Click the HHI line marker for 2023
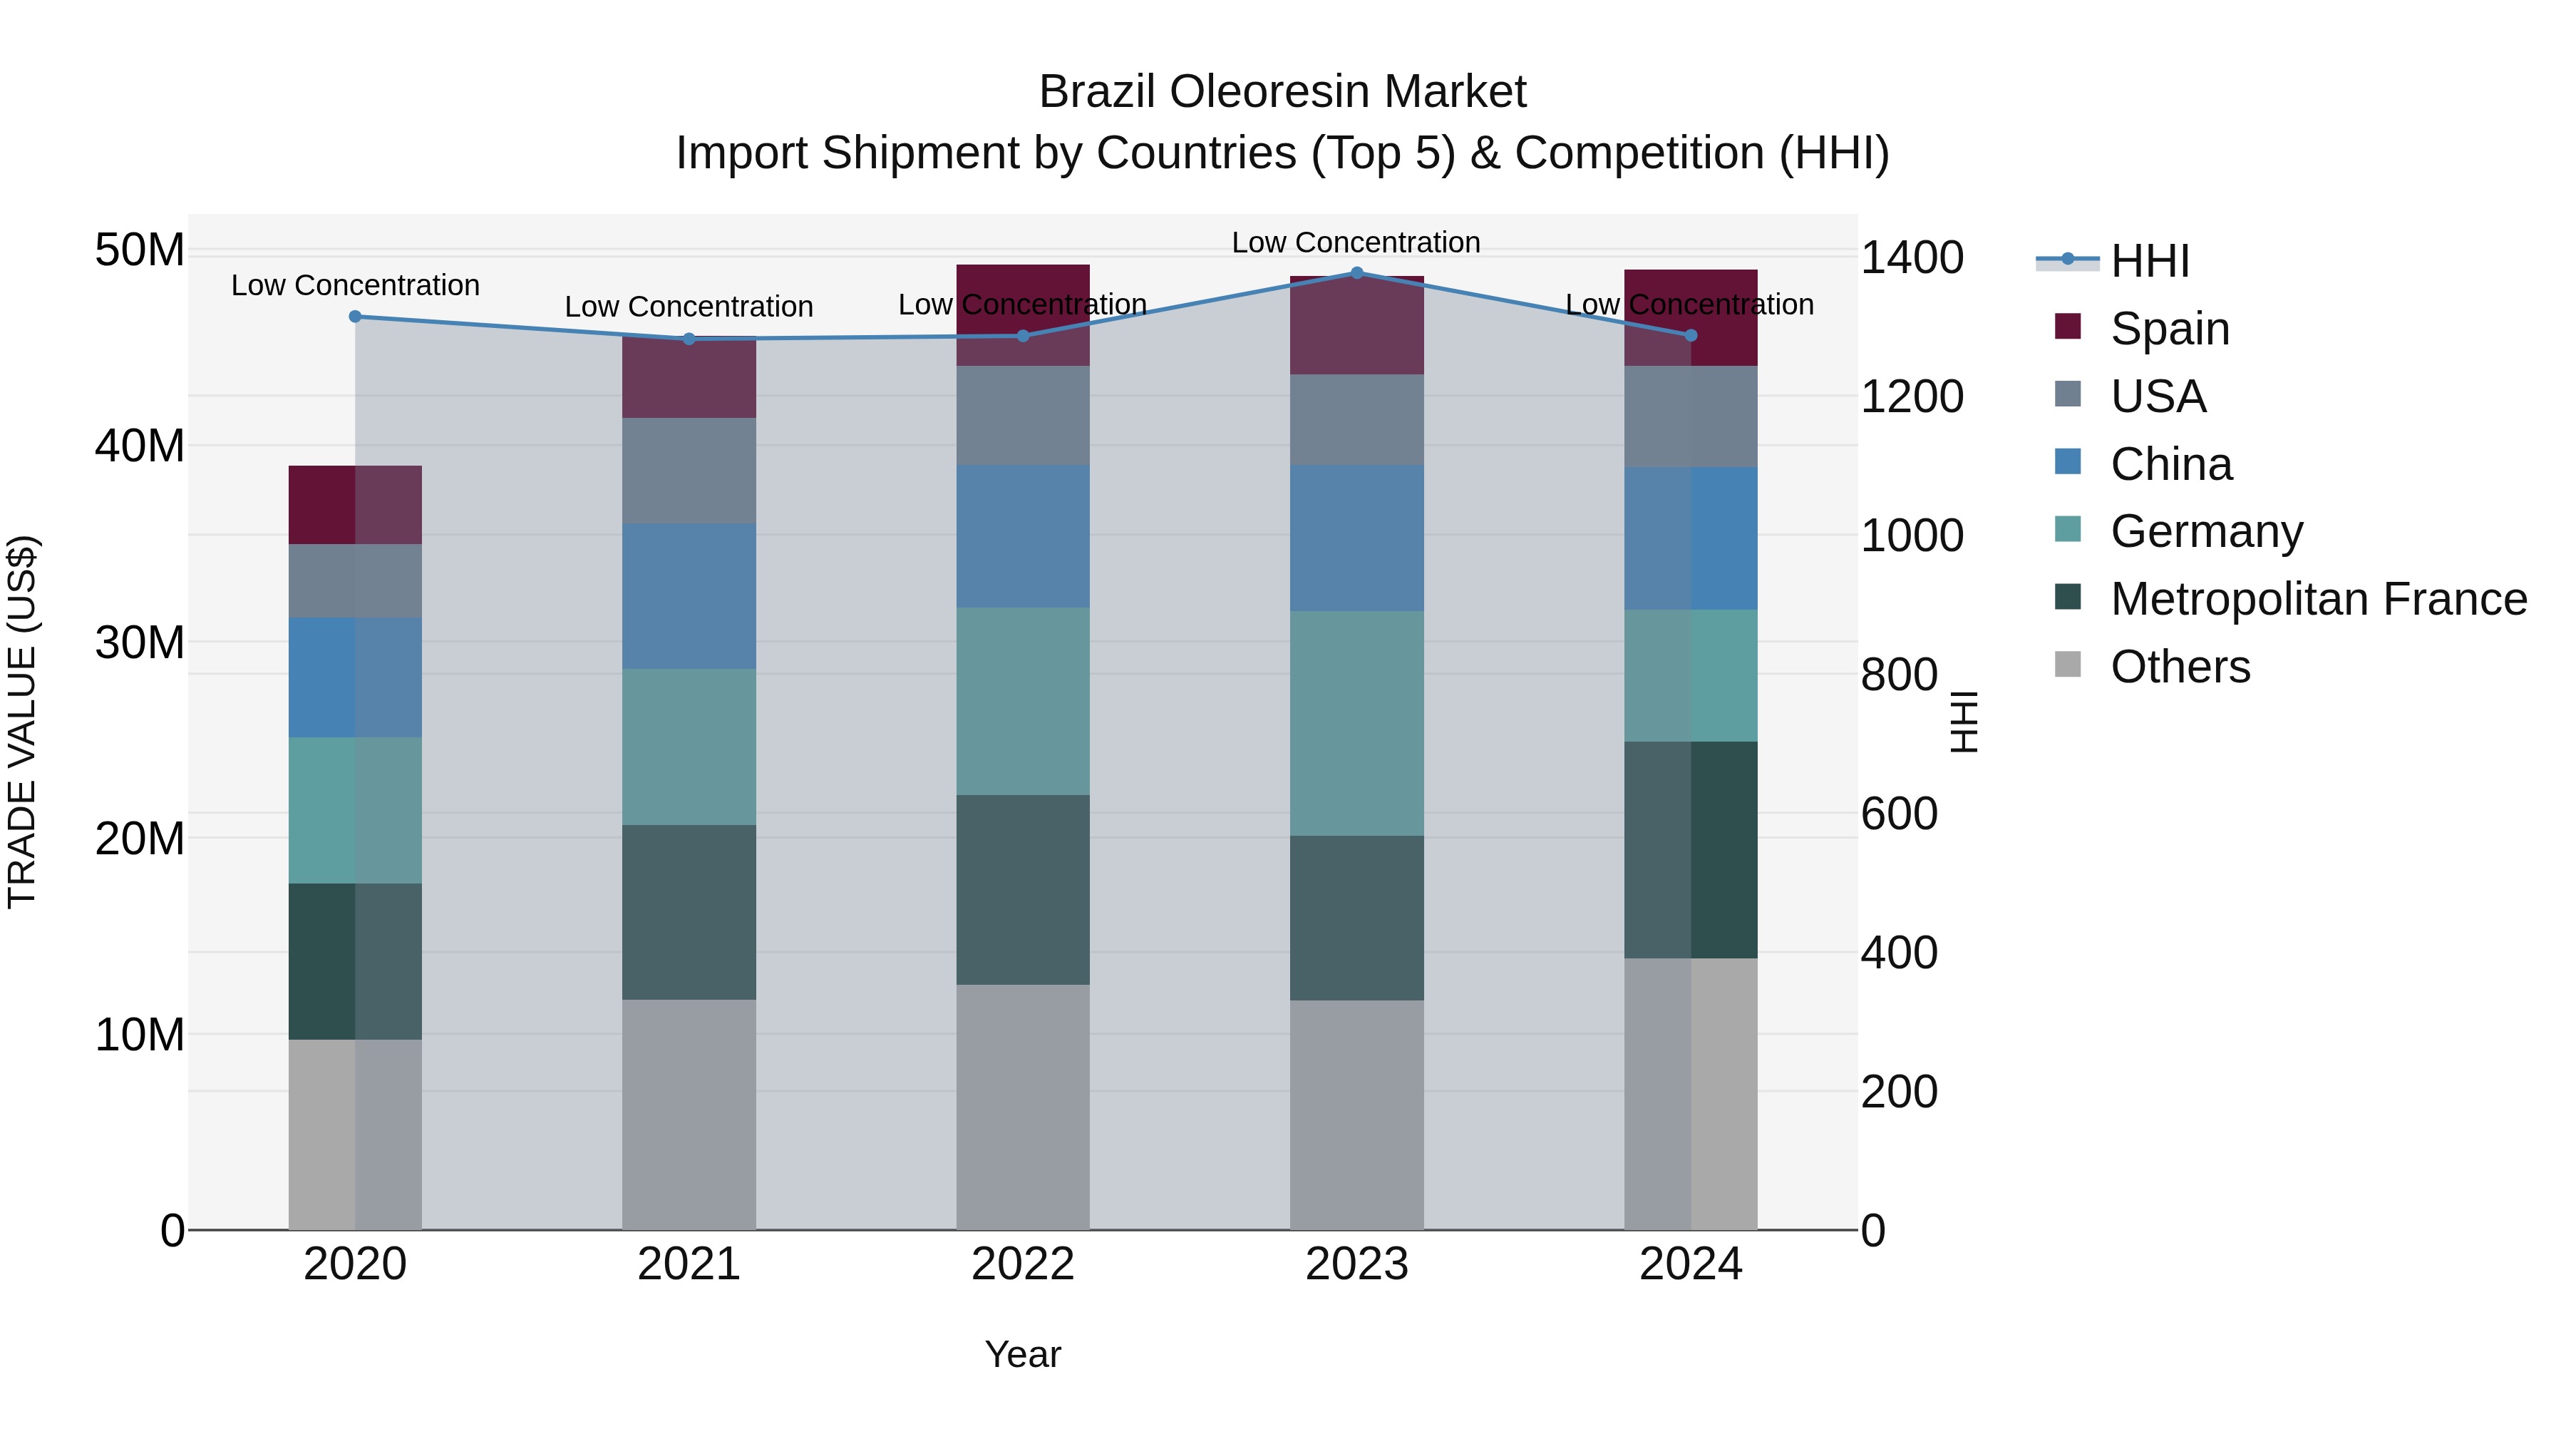click(x=1356, y=273)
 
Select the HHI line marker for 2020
click(x=356, y=317)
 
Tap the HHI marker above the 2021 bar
click(x=689, y=339)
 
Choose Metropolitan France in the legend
click(x=2317, y=599)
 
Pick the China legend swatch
click(x=2068, y=462)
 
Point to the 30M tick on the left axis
click(x=140, y=642)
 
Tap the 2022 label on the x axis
click(x=1022, y=1264)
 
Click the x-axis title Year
click(x=1022, y=1354)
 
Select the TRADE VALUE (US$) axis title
click(x=22, y=722)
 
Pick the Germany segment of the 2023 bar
click(x=1356, y=724)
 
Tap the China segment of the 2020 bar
click(x=356, y=677)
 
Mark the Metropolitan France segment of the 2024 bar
click(x=1691, y=850)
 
